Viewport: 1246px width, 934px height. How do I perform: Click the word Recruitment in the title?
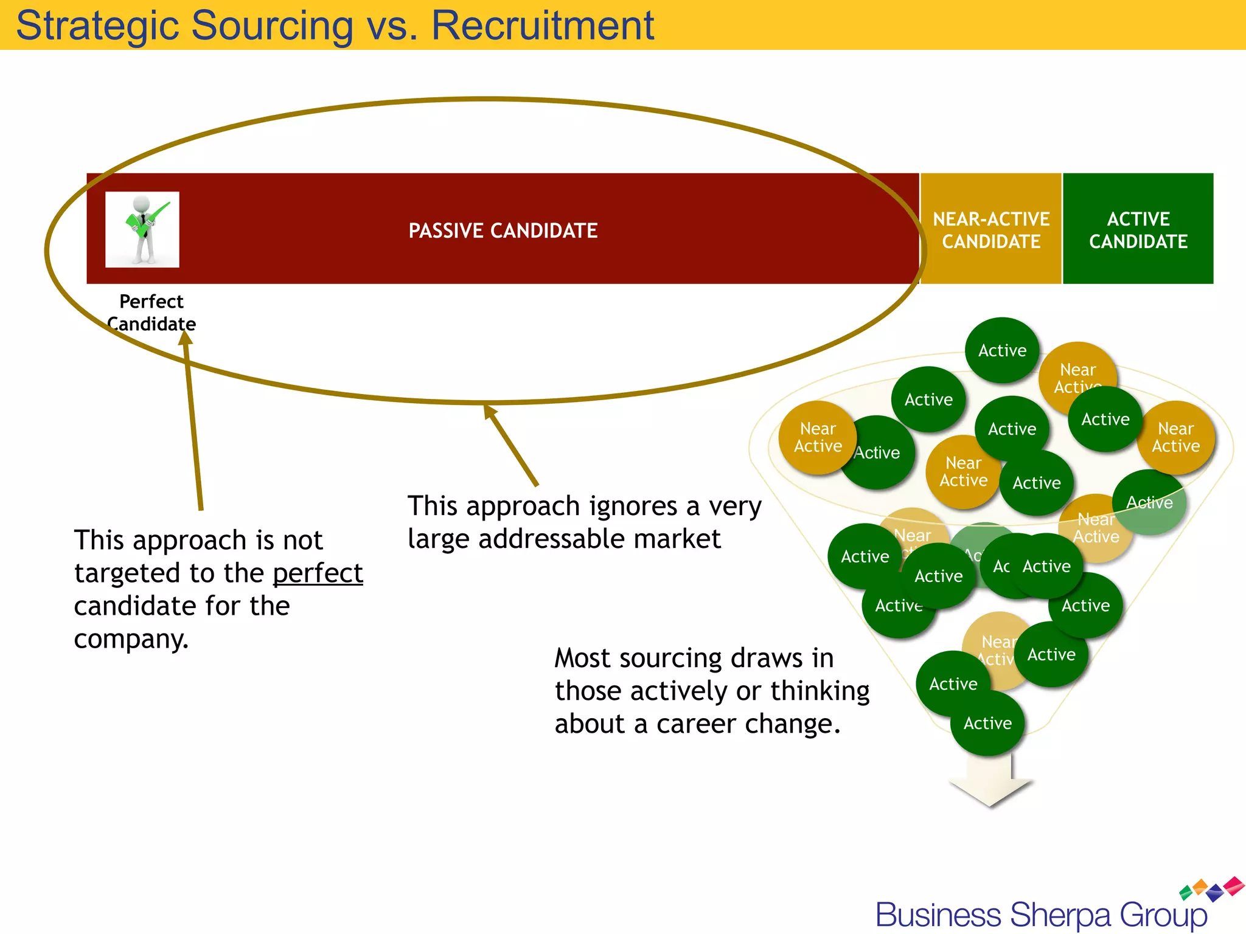tap(542, 26)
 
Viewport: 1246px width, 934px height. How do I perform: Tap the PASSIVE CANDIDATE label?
tap(503, 231)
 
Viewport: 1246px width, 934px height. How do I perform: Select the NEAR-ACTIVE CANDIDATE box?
tap(991, 229)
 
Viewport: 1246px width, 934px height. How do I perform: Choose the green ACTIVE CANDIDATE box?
tap(1138, 229)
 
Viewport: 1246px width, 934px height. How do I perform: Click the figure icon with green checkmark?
tap(142, 229)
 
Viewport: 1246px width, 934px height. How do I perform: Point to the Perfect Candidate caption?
tap(151, 313)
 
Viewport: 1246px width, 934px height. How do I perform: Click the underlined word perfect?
tap(318, 573)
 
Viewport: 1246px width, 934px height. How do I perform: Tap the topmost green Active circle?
tap(1002, 350)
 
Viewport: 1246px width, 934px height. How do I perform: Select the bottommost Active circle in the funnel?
tap(987, 723)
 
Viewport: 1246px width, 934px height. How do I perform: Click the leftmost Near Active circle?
tap(818, 438)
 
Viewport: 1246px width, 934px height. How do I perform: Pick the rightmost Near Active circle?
tap(1175, 438)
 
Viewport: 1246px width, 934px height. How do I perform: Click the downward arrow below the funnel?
tap(990, 784)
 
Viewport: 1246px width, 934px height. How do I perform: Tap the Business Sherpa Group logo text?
tap(1041, 915)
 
